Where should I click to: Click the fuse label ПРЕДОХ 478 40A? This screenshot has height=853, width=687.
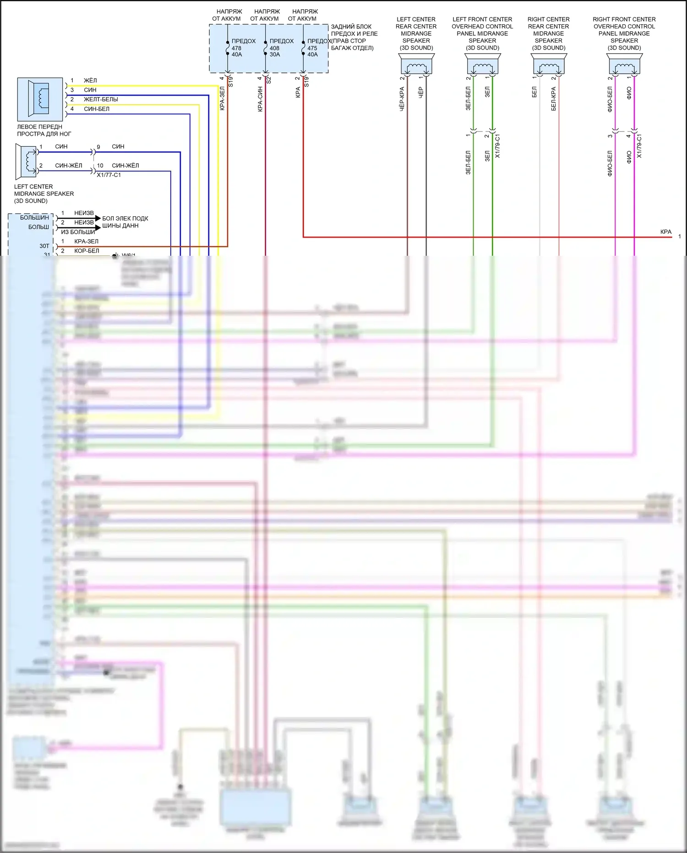(243, 48)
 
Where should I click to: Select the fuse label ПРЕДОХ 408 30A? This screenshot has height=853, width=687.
(281, 48)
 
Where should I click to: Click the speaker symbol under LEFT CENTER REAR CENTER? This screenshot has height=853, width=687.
(416, 64)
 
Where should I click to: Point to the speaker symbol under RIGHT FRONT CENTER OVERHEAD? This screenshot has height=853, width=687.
(624, 64)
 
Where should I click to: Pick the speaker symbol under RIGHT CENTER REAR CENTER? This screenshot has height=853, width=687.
(548, 64)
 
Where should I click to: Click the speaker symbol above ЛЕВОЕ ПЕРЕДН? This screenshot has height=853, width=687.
(40, 99)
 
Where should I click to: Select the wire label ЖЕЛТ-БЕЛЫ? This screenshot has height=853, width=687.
(101, 99)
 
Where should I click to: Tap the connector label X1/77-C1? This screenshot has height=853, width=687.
(109, 175)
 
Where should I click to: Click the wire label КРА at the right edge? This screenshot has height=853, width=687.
(665, 232)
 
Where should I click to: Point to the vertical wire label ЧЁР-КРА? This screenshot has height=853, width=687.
(402, 99)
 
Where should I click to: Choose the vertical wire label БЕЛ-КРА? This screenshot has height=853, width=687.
(553, 99)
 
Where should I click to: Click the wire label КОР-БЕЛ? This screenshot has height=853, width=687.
(87, 251)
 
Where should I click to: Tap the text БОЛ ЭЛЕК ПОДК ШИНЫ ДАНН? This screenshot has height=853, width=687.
(125, 222)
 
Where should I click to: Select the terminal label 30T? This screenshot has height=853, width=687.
(44, 246)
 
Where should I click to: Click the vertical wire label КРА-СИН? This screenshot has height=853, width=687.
(260, 99)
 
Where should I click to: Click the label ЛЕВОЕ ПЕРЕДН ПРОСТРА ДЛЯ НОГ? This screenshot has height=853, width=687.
(44, 130)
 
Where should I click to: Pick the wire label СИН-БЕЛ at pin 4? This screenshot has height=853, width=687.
(96, 109)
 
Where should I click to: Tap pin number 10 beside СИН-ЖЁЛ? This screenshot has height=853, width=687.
(100, 165)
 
